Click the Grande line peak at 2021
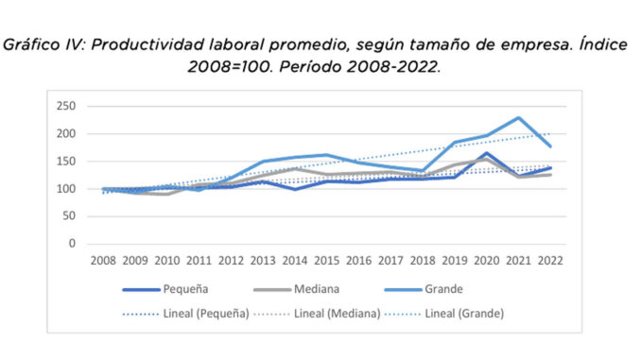coord(518,118)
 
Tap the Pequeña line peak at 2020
coord(487,154)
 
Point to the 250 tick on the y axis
coord(66,106)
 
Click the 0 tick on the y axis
coord(72,244)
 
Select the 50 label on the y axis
coord(69,215)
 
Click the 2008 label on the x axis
coord(103,260)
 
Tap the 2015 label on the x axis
coord(326,260)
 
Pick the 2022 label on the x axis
coord(550,260)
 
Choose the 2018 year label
coord(423,260)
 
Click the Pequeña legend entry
coord(165,289)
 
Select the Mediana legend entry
coord(296,289)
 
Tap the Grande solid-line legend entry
coord(424,289)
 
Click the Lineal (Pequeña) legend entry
coord(185,314)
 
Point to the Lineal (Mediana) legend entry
coord(317,314)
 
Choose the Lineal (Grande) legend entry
coord(444,314)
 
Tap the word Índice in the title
coord(603,44)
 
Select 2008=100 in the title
coord(230,67)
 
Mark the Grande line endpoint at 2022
coord(550,146)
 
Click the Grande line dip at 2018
coord(423,170)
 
